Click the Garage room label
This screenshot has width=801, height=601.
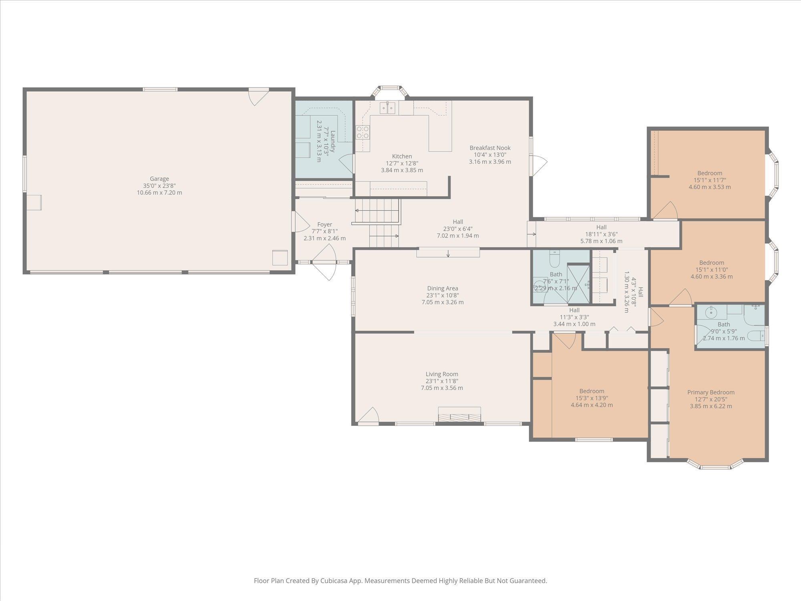pyautogui.click(x=159, y=179)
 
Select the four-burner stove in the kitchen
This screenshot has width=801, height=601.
pyautogui.click(x=363, y=132)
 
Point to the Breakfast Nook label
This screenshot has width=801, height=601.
pyautogui.click(x=490, y=148)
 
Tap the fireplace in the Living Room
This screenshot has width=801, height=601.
pyautogui.click(x=459, y=414)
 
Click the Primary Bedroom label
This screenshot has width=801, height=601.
pyautogui.click(x=711, y=392)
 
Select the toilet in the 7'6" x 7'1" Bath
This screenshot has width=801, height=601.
pyautogui.click(x=555, y=259)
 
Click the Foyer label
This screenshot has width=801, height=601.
pyautogui.click(x=325, y=224)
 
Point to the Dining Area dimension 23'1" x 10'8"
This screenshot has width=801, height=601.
pyautogui.click(x=443, y=295)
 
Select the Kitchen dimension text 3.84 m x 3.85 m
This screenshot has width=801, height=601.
pyautogui.click(x=402, y=170)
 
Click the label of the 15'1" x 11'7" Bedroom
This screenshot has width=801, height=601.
pyautogui.click(x=710, y=173)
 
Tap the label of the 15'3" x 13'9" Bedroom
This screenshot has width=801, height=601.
pyautogui.click(x=592, y=391)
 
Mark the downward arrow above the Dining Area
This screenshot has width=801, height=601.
pyautogui.click(x=448, y=253)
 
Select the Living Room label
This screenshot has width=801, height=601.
pyautogui.click(x=442, y=374)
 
